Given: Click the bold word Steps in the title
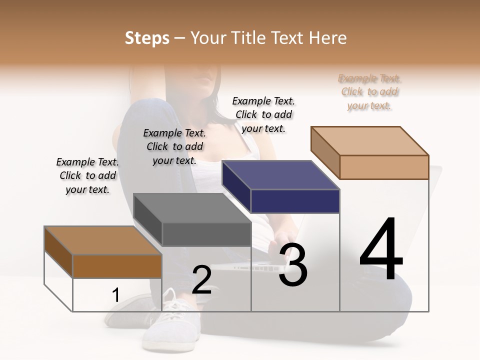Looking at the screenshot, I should coord(147,38).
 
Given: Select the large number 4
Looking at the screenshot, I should coord(381,250).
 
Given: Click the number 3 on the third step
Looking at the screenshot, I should coord(293,265).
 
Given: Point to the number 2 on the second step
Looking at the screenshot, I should coord(202,280).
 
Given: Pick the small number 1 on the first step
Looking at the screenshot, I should coord(115,295).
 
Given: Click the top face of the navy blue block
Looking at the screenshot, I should coord(280,175).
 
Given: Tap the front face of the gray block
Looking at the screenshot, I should coord(206,234).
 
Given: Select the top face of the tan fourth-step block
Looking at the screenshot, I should coord(370,140).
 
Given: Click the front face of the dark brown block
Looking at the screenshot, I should coord(117,266).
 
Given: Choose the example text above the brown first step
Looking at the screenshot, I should coord(87,175).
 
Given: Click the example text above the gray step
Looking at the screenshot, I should coord(174,146).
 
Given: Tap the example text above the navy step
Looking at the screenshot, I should coord(263,114).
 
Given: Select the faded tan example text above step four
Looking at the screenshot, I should coord(369,91).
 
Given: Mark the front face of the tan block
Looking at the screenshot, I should coord(384,167).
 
